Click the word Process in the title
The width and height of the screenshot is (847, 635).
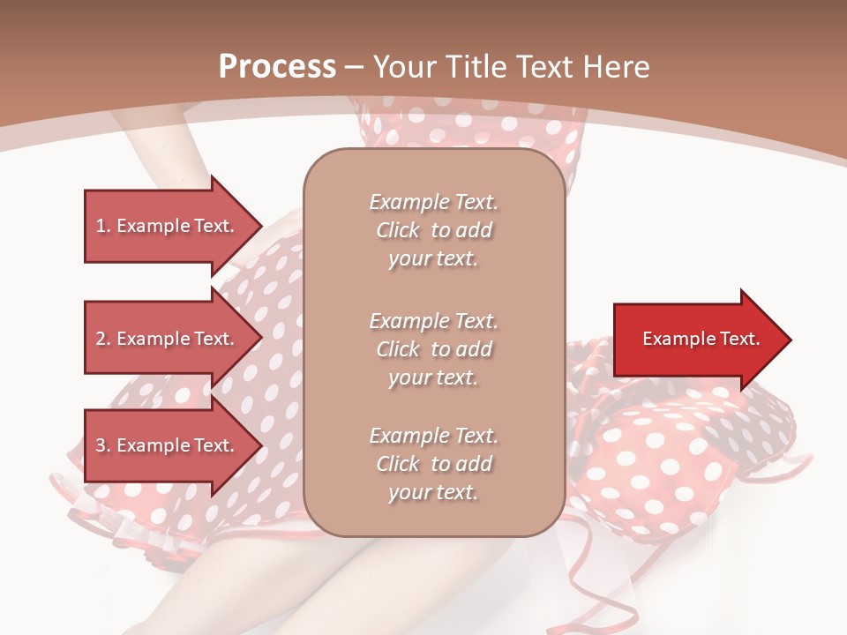tap(277, 67)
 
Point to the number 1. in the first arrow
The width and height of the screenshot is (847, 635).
tap(103, 226)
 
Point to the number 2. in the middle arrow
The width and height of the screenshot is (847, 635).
tap(103, 339)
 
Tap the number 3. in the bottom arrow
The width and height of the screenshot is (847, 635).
tap(103, 445)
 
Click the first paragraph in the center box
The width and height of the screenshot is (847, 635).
tap(433, 230)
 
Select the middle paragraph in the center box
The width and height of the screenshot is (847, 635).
tap(433, 348)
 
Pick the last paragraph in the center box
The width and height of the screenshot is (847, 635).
tap(433, 464)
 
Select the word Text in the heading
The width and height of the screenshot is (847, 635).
tap(541, 67)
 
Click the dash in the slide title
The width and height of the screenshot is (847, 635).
tap(355, 67)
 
